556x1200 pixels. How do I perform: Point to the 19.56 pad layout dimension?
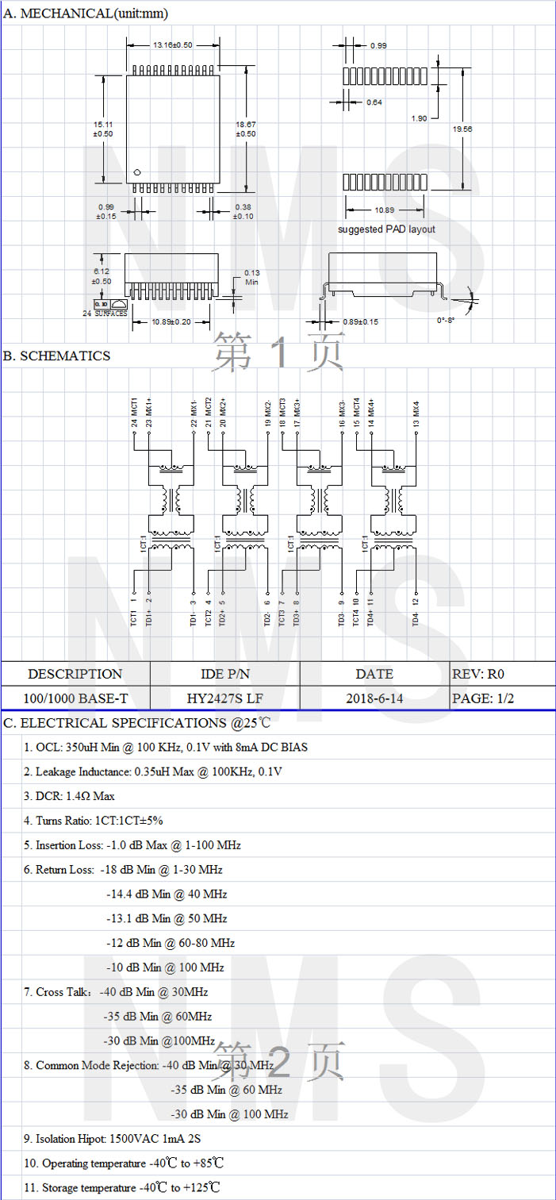coord(463,129)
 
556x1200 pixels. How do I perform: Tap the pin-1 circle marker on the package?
coord(137,172)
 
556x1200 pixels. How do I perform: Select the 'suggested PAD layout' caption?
coord(386,229)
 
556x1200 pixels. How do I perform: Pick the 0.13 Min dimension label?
coord(252,277)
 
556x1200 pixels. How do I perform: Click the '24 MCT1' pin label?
coord(134,412)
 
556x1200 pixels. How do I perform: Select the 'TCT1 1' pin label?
coord(134,611)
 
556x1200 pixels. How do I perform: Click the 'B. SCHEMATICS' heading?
coord(57,356)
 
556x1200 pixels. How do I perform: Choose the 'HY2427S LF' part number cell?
coord(225,699)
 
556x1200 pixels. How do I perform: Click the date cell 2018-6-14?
coord(374,699)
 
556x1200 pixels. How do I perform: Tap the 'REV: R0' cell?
coord(478,675)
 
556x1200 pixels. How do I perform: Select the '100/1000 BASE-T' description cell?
coord(75,699)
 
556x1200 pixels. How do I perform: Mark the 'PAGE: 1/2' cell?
coord(483,699)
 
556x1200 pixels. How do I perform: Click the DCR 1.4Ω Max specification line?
coord(69,796)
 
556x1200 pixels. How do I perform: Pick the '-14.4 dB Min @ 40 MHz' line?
coord(167,894)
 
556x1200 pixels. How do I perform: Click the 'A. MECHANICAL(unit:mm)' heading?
coord(86,13)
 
